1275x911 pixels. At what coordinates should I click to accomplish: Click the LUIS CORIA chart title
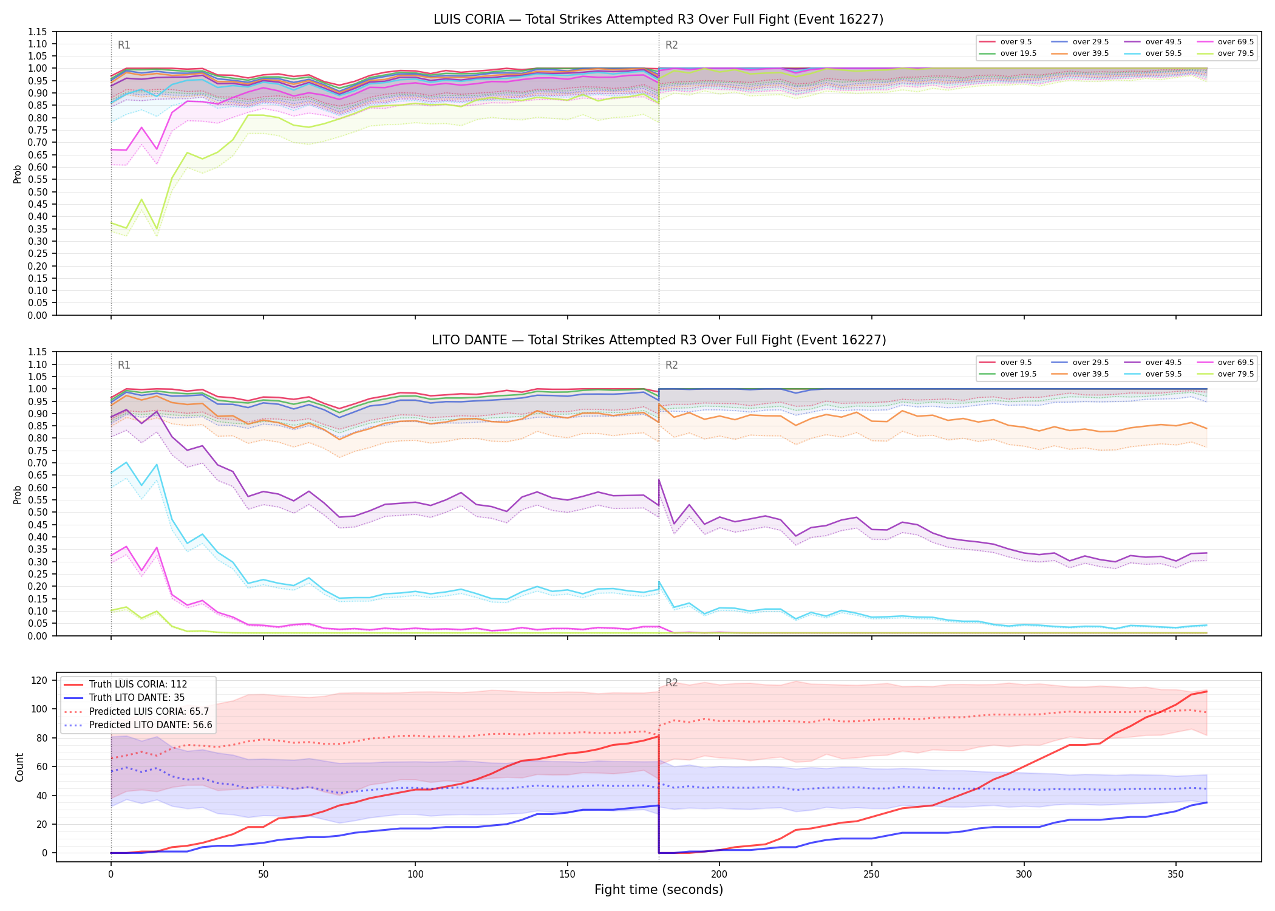click(x=658, y=19)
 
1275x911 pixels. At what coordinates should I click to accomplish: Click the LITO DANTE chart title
click(x=659, y=340)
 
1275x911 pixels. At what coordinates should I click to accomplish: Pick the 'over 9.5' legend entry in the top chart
click(x=1005, y=42)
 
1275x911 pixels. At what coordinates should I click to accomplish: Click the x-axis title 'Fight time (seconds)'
click(x=659, y=890)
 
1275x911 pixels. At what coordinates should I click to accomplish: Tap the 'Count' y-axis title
click(x=19, y=768)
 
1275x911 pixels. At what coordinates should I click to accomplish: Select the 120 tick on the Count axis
click(x=39, y=680)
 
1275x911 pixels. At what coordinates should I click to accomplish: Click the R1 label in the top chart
click(x=124, y=45)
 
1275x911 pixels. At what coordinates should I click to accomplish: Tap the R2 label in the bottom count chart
click(x=671, y=683)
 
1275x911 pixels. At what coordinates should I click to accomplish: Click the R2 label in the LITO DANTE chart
click(x=671, y=365)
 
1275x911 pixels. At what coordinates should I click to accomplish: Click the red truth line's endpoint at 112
click(x=1206, y=691)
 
